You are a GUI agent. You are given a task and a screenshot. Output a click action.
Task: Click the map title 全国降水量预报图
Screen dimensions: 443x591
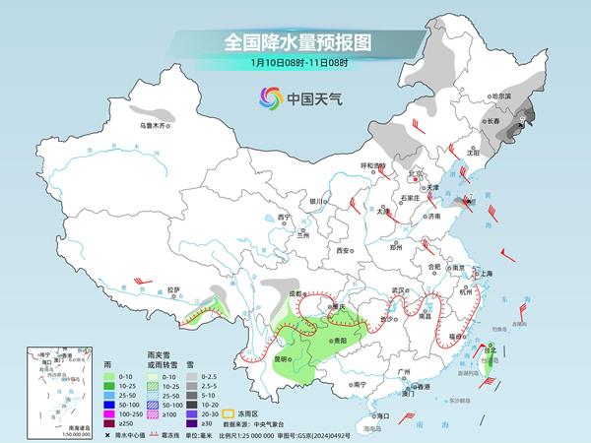coord(295,42)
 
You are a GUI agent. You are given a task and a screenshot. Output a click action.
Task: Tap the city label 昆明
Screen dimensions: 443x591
coord(281,358)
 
